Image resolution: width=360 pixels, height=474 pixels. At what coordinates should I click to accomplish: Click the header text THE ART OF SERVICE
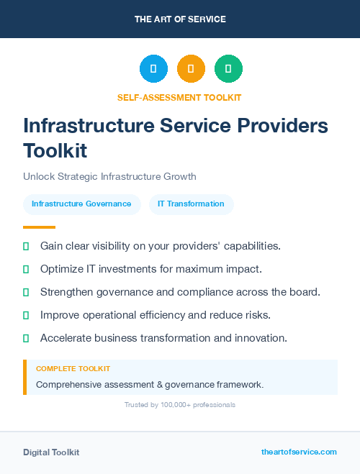(x=180, y=19)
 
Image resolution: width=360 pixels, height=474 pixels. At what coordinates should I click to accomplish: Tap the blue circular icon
(x=153, y=69)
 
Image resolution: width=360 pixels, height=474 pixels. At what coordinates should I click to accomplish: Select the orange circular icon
(x=191, y=69)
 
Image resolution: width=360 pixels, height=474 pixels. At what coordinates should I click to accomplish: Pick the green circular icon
(x=228, y=69)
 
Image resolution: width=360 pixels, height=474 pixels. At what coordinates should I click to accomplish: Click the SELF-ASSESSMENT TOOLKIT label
(x=179, y=97)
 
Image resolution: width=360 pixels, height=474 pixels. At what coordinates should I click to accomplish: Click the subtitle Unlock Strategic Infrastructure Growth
(x=109, y=176)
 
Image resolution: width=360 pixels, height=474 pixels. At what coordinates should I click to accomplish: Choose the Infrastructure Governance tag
(x=81, y=204)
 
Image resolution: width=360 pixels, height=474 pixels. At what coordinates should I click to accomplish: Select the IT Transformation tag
(x=191, y=204)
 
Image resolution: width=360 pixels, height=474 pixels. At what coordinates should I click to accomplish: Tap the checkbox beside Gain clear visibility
(x=26, y=246)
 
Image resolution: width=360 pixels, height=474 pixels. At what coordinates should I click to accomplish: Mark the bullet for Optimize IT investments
(x=26, y=269)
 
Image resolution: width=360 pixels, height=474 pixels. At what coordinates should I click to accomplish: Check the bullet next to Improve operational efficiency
(x=26, y=315)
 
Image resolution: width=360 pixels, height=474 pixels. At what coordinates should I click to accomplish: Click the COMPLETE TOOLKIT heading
(x=73, y=369)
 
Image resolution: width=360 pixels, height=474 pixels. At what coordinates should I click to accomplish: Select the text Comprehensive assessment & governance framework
(x=150, y=385)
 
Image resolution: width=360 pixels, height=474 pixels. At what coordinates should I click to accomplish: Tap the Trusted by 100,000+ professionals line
(x=179, y=405)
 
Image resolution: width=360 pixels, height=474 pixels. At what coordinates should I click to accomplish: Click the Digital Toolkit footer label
(x=51, y=452)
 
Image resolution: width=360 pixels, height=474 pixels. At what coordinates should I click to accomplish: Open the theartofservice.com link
(x=299, y=452)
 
